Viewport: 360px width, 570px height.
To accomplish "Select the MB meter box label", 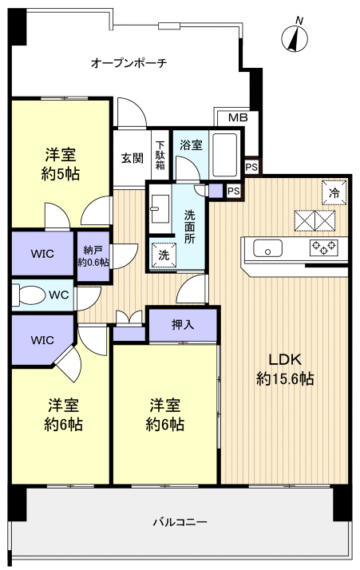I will coord(238,118).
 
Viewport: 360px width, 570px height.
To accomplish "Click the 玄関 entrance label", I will coord(132,157).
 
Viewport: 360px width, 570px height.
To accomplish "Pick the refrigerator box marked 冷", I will coord(334,192).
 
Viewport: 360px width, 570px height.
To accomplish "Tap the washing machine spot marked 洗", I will coord(162,255).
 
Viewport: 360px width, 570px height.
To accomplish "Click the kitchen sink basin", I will coord(267,247).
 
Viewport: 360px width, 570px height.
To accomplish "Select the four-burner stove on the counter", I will coord(324,247).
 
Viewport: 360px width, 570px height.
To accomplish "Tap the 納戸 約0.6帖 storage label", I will coord(93,255).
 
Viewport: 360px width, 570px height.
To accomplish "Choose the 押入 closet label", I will coord(183,325).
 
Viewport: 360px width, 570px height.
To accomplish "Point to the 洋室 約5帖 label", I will coord(61,164).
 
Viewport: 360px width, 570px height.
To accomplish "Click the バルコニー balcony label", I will coord(180,522).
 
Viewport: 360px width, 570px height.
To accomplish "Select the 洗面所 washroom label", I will coord(190,227).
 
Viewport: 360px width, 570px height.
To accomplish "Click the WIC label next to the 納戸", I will coord(42,255).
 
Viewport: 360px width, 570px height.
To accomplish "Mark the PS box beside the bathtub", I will coord(251,167).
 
